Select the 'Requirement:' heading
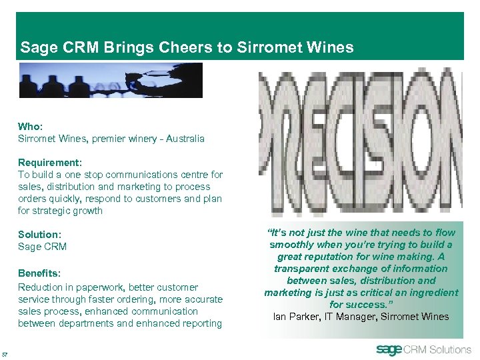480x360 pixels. click(x=49, y=163)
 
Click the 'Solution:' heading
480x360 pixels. click(x=39, y=235)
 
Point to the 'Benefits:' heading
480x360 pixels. click(x=39, y=273)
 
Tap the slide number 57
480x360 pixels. click(x=5, y=353)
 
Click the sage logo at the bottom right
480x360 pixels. click(x=390, y=349)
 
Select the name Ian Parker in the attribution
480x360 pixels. click(x=296, y=317)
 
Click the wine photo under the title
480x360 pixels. click(x=111, y=80)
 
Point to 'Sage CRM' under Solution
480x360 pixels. click(x=42, y=247)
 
